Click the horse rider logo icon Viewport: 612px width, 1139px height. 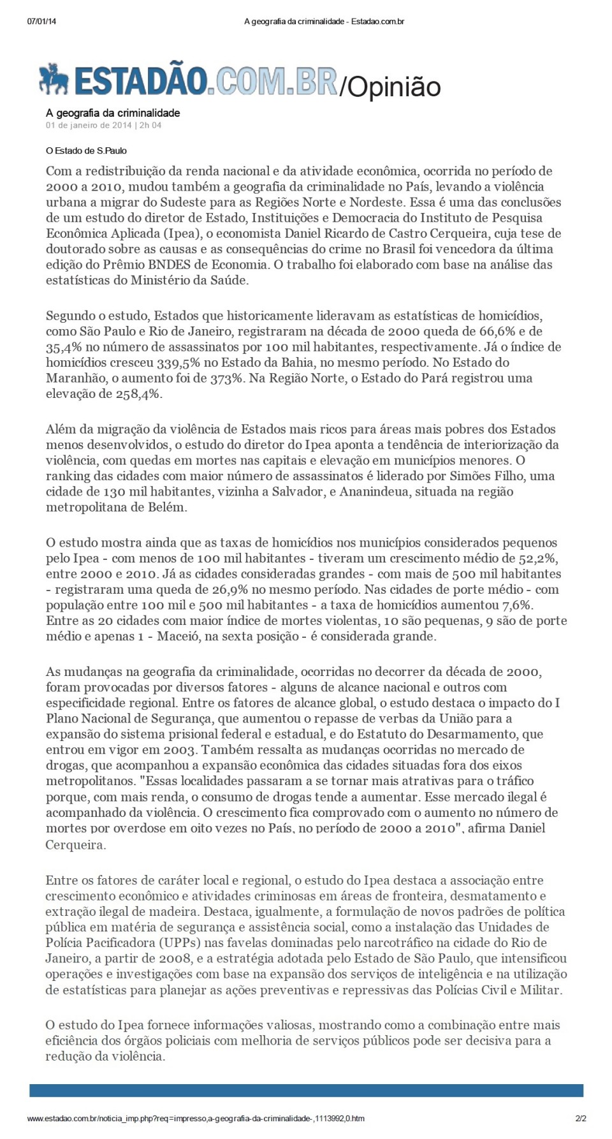[x=54, y=79]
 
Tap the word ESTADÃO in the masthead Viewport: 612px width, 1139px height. [x=141, y=81]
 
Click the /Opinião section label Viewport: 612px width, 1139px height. [x=390, y=87]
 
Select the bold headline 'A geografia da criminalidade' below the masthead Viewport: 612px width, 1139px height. [x=113, y=113]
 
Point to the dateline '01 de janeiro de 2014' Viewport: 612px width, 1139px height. [x=89, y=126]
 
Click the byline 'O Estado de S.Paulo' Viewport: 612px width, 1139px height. [x=86, y=151]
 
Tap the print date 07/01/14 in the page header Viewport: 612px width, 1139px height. [x=41, y=22]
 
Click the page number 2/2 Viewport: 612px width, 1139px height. [x=580, y=1118]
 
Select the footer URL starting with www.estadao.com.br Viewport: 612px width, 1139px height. [x=196, y=1118]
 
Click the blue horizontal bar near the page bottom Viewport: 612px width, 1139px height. [x=306, y=1091]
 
